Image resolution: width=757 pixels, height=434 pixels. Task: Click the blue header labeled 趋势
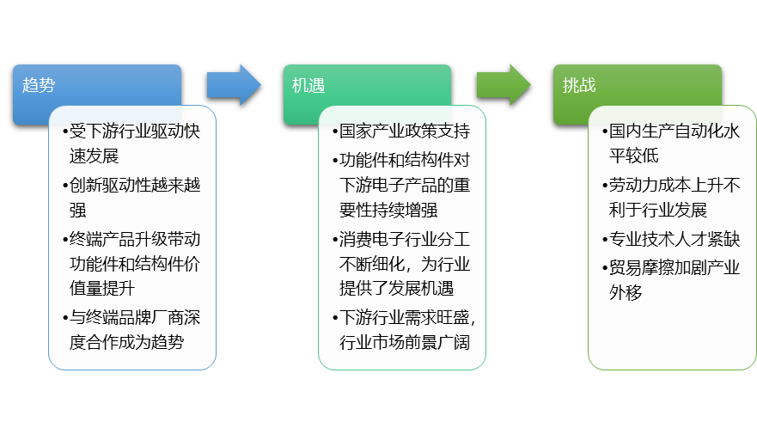coord(96,84)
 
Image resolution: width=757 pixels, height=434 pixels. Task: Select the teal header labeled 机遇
coord(367,84)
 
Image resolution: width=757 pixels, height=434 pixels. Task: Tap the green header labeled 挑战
coord(637,84)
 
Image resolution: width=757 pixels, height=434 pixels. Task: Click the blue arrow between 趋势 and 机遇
coord(233,84)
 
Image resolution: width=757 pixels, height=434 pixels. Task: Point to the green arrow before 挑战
coord(504,84)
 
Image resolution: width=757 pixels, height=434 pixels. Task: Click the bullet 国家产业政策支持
coord(401,132)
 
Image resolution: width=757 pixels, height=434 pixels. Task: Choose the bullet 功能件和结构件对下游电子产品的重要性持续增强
coord(401,185)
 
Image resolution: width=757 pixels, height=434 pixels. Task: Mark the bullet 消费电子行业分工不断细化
coord(401,250)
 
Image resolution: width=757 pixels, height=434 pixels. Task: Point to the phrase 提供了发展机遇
coord(396,288)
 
